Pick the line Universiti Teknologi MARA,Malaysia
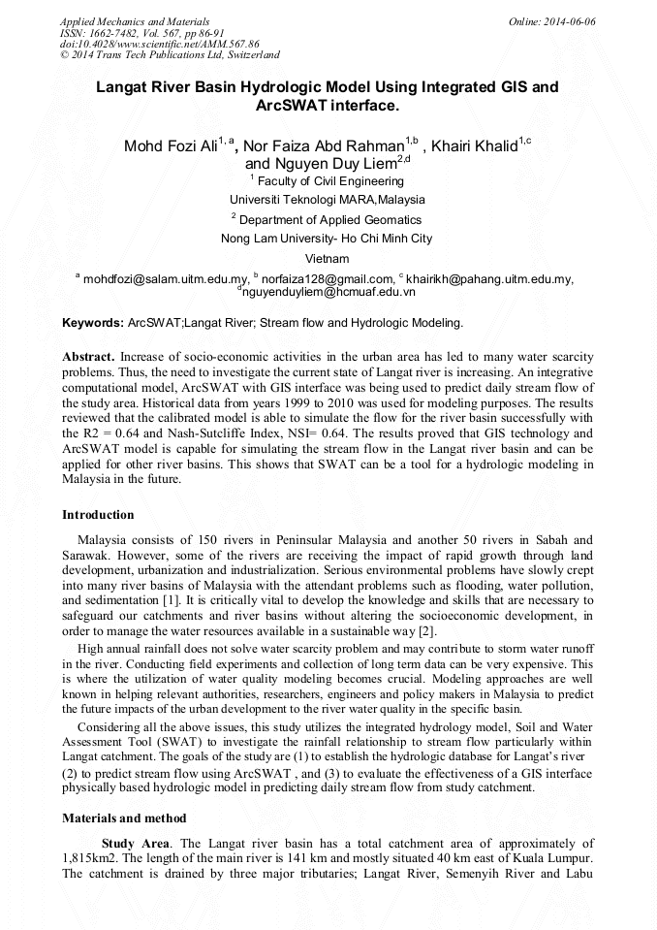328,200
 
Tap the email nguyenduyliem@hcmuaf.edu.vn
328,291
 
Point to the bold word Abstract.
89,357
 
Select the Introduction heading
98,515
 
